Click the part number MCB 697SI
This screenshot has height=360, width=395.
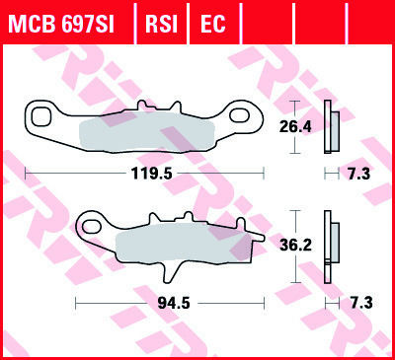pos(61,24)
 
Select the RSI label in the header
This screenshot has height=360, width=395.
pos(161,24)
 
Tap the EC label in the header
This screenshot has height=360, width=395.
pos(212,24)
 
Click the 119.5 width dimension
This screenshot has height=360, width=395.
pos(151,174)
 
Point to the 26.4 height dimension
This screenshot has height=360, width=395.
pos(295,126)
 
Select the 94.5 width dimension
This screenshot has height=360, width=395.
pos(174,303)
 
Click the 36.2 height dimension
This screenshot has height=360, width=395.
pos(295,245)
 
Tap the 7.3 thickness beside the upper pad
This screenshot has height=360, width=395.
pos(359,174)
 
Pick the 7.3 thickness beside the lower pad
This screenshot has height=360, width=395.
pos(361,303)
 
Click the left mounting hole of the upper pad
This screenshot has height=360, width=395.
pos(41,117)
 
